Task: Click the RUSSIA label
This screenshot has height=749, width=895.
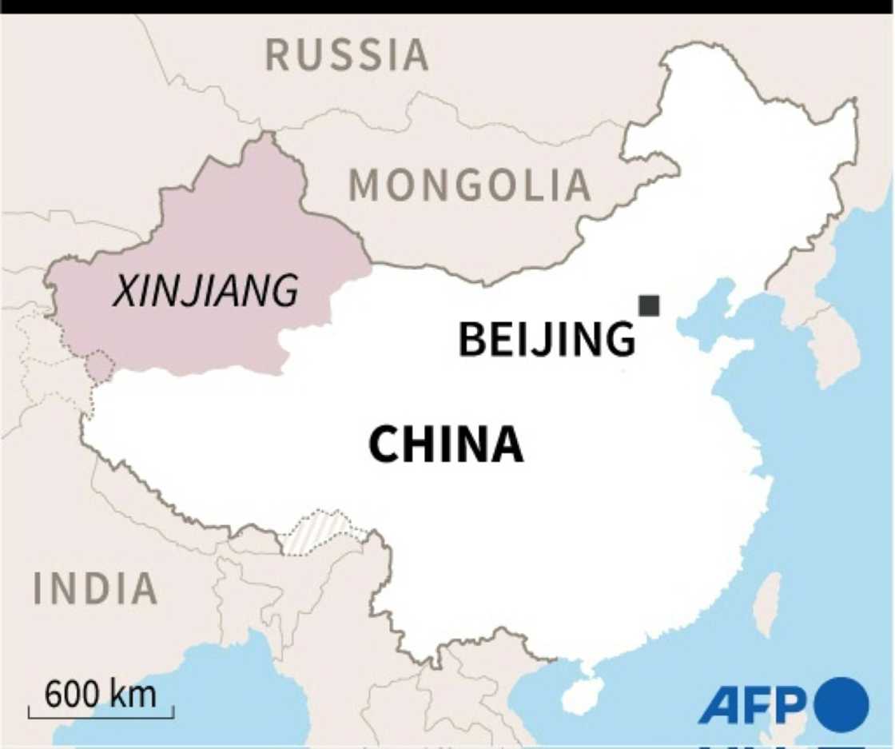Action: pyautogui.click(x=346, y=55)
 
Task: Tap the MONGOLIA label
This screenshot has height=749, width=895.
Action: pyautogui.click(x=470, y=186)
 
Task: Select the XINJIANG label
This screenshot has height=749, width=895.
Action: pyautogui.click(x=205, y=291)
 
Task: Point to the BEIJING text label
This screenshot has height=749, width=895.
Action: pyautogui.click(x=547, y=339)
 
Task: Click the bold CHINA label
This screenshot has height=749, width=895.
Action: pyautogui.click(x=446, y=445)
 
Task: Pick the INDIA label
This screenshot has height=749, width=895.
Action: pyautogui.click(x=95, y=589)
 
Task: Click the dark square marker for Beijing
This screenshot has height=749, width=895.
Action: pyautogui.click(x=649, y=305)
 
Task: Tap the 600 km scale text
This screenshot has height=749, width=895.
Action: pyautogui.click(x=101, y=694)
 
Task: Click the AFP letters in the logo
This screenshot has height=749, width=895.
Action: pyautogui.click(x=751, y=705)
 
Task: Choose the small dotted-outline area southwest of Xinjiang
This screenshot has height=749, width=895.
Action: pyautogui.click(x=99, y=367)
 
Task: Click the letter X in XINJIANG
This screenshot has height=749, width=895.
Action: pyautogui.click(x=124, y=291)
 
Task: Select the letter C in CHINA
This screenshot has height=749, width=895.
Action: pyautogui.click(x=384, y=445)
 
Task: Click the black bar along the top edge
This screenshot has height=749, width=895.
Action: pyautogui.click(x=447, y=6)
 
